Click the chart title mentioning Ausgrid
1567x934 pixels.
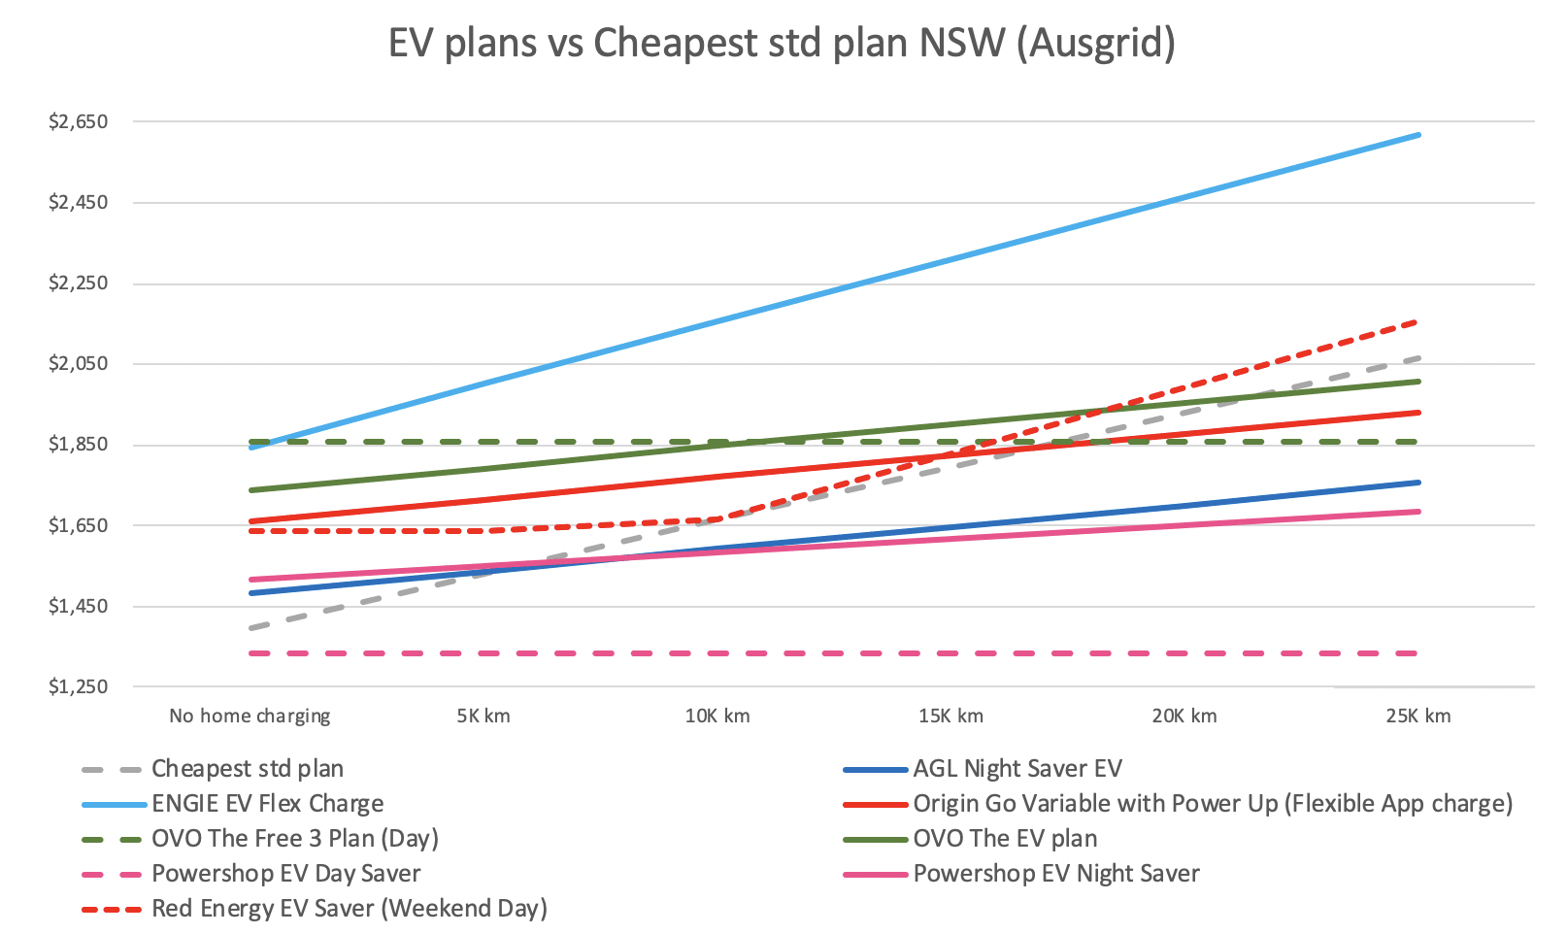click(782, 44)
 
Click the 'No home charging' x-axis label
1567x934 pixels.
click(250, 717)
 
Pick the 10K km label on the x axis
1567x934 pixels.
click(717, 717)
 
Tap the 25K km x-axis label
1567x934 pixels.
click(1418, 717)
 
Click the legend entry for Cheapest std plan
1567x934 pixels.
click(248, 769)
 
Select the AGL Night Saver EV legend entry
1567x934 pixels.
click(1017, 769)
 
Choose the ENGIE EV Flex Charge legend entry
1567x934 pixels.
click(267, 804)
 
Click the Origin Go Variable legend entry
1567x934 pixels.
click(1212, 804)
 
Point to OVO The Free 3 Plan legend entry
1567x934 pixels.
click(294, 839)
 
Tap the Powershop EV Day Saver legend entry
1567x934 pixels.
click(285, 874)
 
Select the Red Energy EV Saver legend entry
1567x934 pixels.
click(349, 909)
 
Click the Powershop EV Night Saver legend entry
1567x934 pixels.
click(1055, 874)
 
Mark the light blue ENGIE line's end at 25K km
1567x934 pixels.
click(1418, 135)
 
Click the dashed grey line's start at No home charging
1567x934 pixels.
click(250, 628)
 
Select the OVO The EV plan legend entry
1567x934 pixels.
click(1004, 839)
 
